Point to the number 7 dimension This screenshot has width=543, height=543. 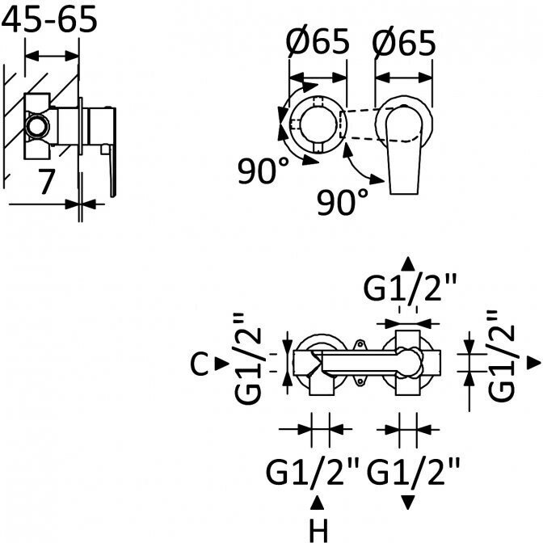(x=47, y=181)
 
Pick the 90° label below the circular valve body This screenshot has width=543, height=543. (x=263, y=170)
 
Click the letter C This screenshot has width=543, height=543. (x=200, y=365)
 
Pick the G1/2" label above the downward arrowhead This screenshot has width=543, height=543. (x=414, y=469)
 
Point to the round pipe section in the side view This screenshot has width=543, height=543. (x=36, y=126)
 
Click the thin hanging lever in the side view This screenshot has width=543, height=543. (x=112, y=170)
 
